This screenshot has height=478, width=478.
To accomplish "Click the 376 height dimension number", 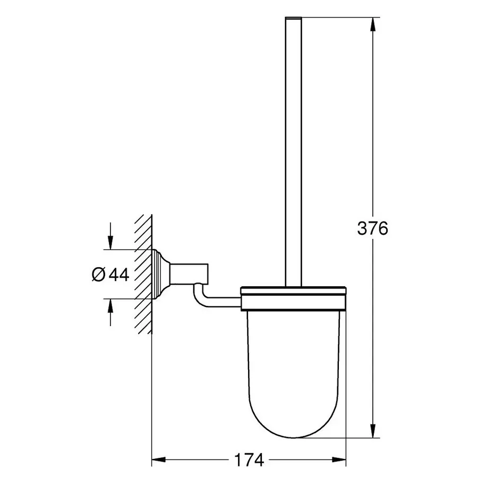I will pos(372,229).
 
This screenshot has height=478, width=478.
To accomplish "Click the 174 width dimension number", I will pos(249,460).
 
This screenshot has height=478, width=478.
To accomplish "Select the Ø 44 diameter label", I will pos(110,275).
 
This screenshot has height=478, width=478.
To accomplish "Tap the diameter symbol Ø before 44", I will pos(98,275).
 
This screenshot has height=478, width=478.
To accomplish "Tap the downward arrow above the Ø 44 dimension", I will pos(110,241).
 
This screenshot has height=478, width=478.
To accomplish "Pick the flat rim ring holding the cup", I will pos(294,298).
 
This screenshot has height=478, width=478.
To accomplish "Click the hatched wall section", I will pos(143,274).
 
